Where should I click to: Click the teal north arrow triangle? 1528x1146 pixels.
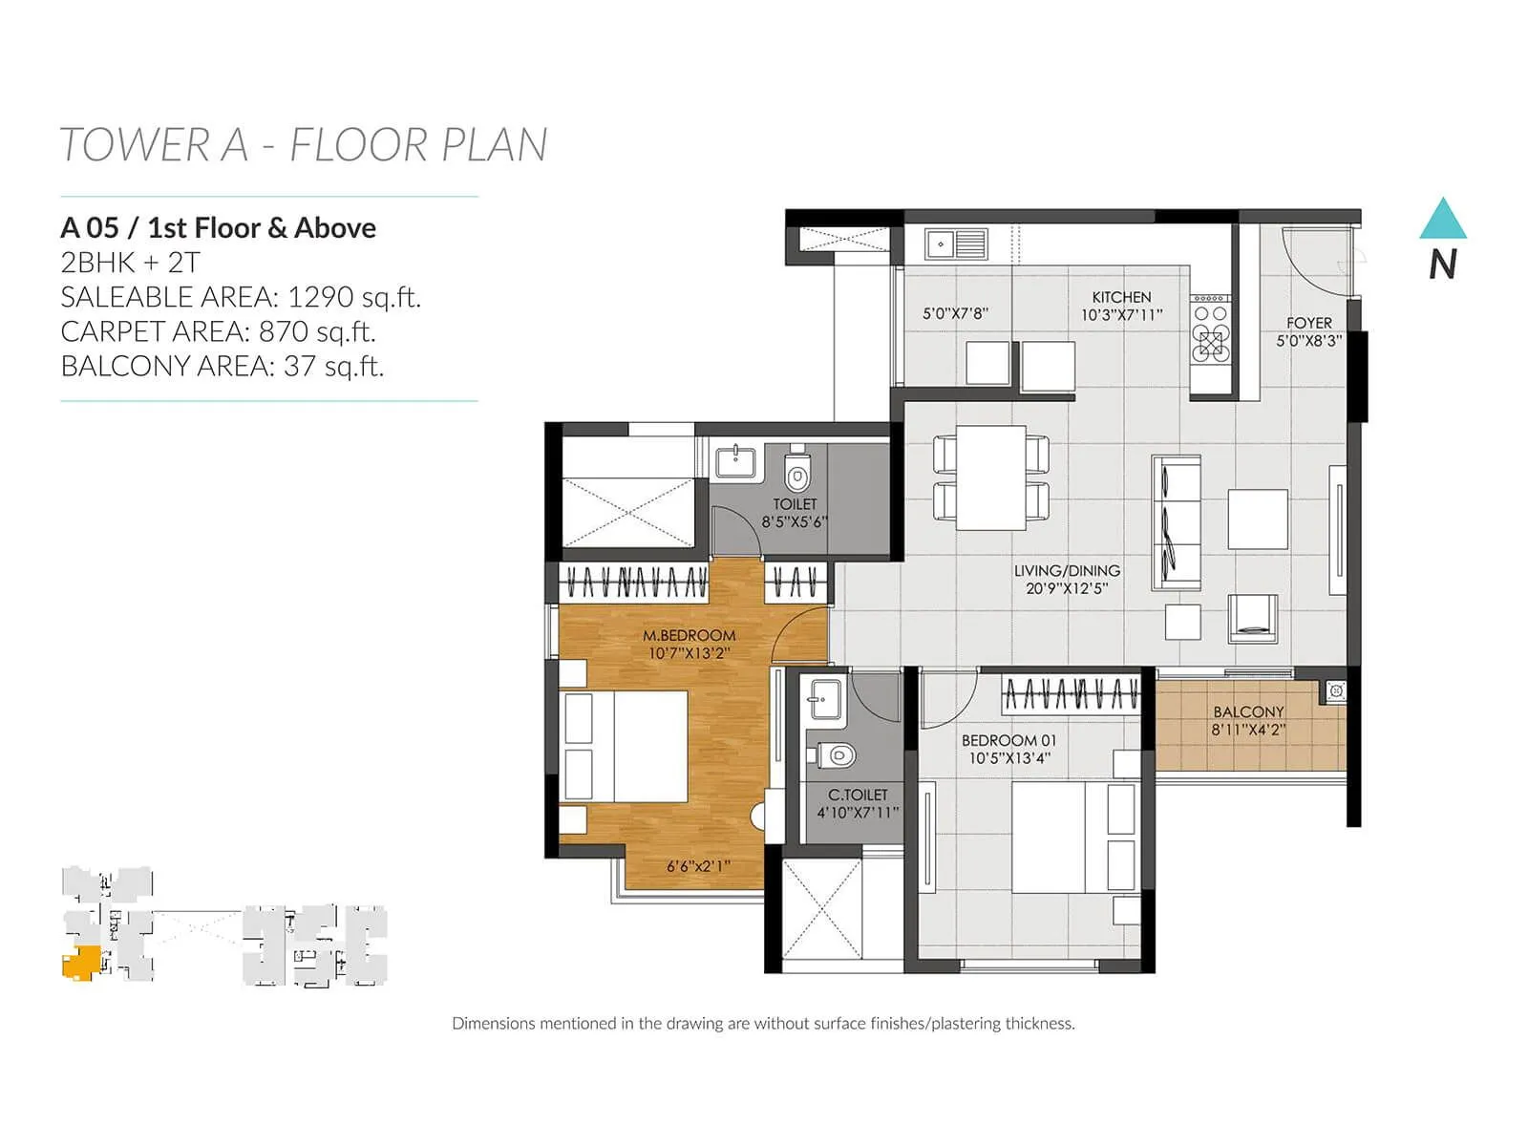(1442, 221)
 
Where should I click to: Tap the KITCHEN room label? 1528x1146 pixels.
(1121, 297)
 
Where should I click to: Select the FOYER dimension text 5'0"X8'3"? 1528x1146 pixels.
(1308, 340)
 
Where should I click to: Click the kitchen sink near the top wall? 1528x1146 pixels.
(955, 244)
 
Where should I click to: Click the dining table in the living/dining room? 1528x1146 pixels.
(991, 477)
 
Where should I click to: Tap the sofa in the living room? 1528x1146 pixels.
(1176, 523)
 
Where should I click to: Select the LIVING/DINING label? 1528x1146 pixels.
(1067, 570)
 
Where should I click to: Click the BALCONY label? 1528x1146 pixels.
(1248, 711)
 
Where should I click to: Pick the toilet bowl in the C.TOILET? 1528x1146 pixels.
(838, 755)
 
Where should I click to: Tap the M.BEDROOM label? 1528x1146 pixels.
(689, 635)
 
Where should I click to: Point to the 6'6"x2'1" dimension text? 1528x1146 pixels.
(698, 866)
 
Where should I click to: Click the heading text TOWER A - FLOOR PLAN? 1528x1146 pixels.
(303, 145)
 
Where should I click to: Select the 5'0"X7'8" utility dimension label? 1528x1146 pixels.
(954, 313)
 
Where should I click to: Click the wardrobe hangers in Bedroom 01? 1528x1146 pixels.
(1071, 694)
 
